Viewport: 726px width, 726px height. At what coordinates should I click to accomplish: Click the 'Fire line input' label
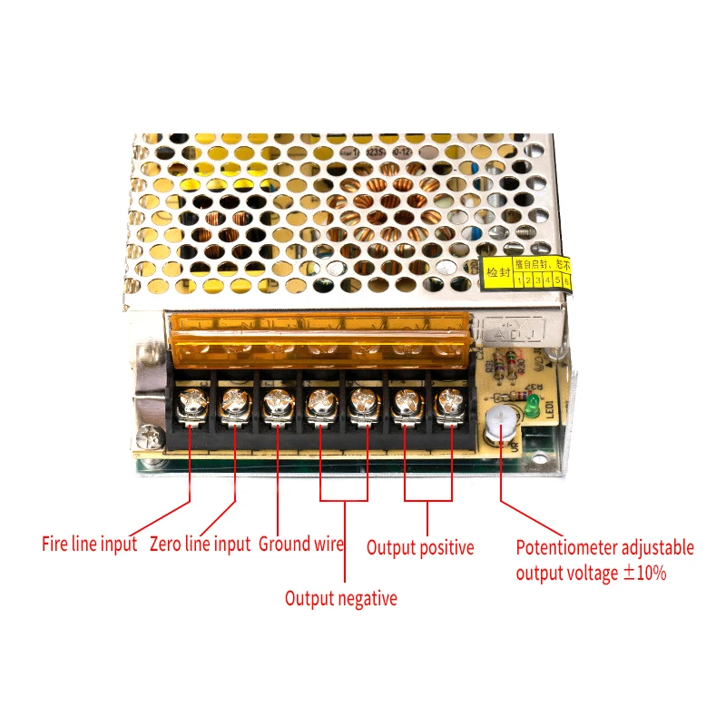[89, 544]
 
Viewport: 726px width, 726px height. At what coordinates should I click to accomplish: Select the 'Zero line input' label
[199, 544]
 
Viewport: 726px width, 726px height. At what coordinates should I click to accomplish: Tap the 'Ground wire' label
[301, 544]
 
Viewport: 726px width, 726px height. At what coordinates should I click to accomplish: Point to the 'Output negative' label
[340, 598]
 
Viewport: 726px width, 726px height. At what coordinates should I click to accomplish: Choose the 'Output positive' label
[419, 547]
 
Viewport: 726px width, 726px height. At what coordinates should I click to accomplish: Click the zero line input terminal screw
[234, 402]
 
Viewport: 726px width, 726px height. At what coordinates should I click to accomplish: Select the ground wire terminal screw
[277, 402]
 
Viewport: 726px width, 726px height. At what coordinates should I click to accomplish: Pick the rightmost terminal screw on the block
[448, 402]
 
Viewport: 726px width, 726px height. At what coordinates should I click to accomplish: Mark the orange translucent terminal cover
[318, 336]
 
